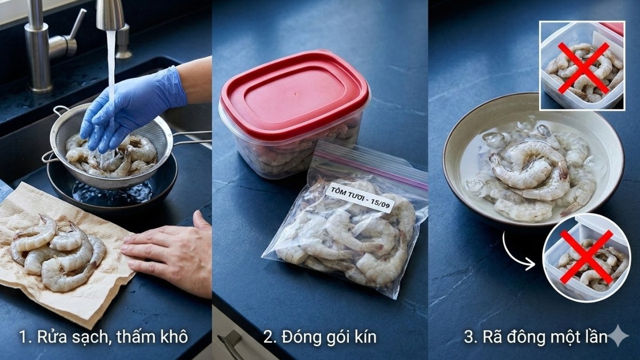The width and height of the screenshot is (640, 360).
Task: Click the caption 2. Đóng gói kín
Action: [x=320, y=338]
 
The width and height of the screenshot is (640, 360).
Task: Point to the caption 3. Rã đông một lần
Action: [x=536, y=338]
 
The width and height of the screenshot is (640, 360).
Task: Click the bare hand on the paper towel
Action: [x=171, y=251]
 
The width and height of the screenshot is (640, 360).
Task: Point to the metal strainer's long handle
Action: [x=192, y=138]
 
